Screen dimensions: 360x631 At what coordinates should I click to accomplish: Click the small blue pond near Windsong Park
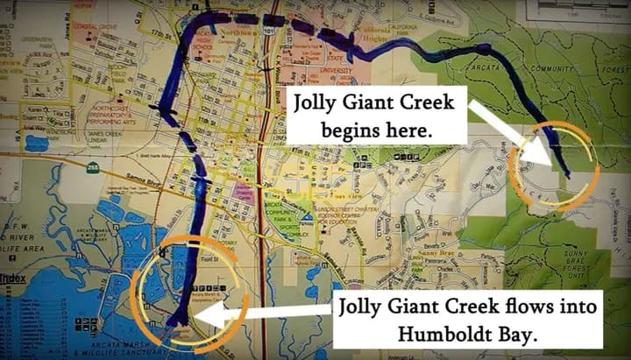[x=36, y=144]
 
